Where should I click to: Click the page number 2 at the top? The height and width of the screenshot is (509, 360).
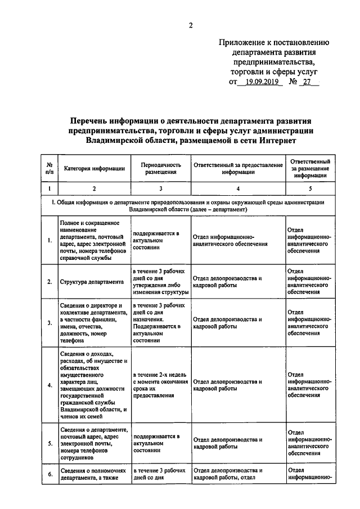[x=191, y=25]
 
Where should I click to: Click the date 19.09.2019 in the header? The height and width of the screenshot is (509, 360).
[x=258, y=82]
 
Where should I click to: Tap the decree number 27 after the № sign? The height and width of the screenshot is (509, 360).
[x=307, y=82]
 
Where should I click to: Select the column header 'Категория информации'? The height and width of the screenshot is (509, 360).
[x=94, y=168]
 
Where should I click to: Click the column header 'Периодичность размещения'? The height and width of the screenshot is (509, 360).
[x=160, y=168]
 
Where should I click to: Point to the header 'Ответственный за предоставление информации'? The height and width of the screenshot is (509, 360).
[x=238, y=168]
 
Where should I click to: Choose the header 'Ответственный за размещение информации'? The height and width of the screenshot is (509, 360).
[x=310, y=168]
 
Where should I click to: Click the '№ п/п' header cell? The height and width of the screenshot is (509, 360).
[x=50, y=168]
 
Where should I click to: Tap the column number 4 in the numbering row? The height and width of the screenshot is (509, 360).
[x=238, y=189]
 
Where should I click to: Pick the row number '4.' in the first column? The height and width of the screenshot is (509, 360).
[x=50, y=385]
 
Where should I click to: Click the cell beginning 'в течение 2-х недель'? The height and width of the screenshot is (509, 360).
[x=160, y=385]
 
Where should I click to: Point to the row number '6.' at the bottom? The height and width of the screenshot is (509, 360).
[x=50, y=474]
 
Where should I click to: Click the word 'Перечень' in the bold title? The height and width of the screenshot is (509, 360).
[x=92, y=120]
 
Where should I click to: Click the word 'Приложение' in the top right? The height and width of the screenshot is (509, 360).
[x=242, y=42]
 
